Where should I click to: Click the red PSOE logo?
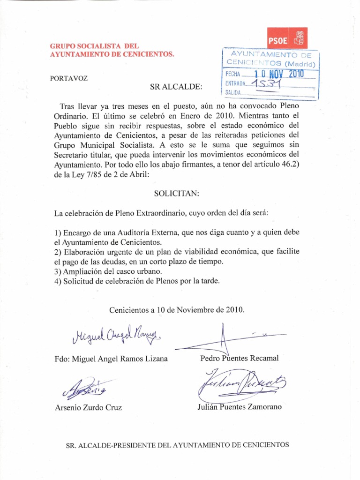(287, 38)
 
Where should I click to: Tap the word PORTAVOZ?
(68, 78)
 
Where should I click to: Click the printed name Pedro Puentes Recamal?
(239, 359)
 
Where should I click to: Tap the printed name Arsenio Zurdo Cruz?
(88, 408)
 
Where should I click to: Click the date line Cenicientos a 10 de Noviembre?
(177, 310)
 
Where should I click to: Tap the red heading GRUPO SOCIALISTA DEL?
(94, 46)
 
